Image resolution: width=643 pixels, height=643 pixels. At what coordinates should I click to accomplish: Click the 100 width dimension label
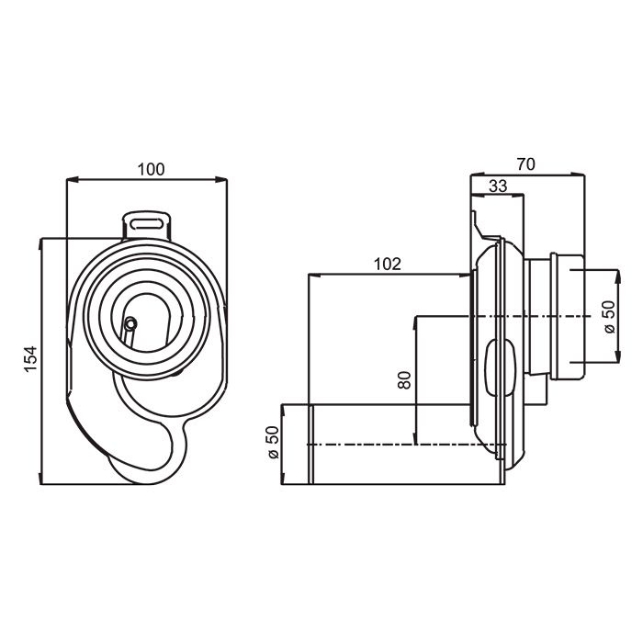click(x=151, y=169)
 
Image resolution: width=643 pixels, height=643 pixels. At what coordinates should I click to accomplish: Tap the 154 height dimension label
click(x=30, y=359)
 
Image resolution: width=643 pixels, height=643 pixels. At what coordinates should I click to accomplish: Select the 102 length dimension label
click(x=387, y=265)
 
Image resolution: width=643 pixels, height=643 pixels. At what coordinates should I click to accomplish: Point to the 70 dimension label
click(x=526, y=164)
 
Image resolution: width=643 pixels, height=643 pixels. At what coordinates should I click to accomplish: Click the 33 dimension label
click(x=498, y=186)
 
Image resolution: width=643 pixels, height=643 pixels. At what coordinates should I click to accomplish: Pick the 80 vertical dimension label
click(x=404, y=380)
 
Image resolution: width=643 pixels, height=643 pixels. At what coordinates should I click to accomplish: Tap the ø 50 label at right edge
click(x=610, y=317)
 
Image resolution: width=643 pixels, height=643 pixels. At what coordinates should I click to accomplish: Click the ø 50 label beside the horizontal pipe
click(x=272, y=443)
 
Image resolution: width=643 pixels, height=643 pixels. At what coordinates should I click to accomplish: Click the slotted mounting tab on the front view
click(x=147, y=225)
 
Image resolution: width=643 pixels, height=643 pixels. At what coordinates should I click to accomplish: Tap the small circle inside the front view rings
click(x=130, y=324)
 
